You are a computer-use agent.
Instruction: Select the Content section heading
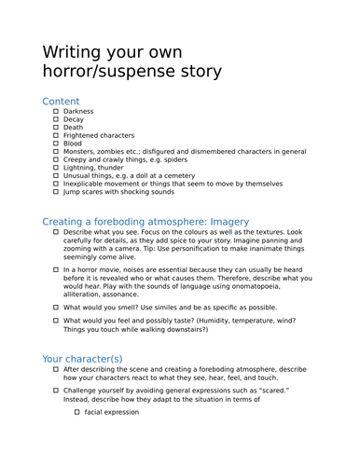click(61, 102)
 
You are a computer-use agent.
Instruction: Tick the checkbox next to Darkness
click(56, 112)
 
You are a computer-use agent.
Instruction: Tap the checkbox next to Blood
click(56, 144)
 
